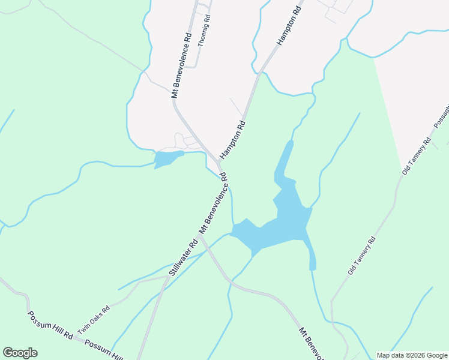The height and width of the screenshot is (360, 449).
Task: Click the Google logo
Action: tap(20, 353)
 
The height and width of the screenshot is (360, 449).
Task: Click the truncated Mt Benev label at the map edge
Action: tap(312, 342)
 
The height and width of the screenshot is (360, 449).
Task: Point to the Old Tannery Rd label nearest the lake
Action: tap(361, 256)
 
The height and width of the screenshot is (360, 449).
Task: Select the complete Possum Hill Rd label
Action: tap(50, 326)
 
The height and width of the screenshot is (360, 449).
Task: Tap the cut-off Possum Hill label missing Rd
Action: tap(103, 350)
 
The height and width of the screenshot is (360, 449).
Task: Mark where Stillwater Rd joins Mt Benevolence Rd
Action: tap(200, 236)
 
